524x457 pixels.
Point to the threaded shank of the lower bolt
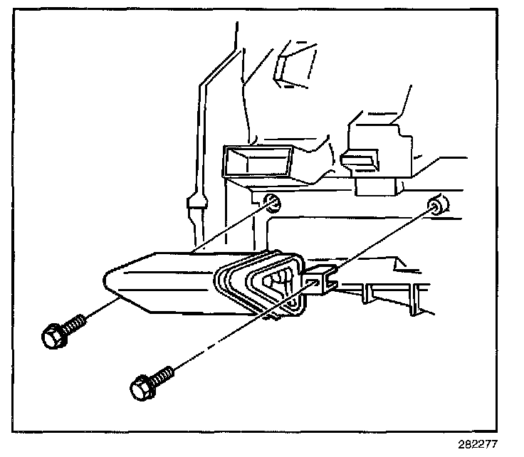[162, 375]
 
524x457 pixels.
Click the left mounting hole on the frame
[273, 204]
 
